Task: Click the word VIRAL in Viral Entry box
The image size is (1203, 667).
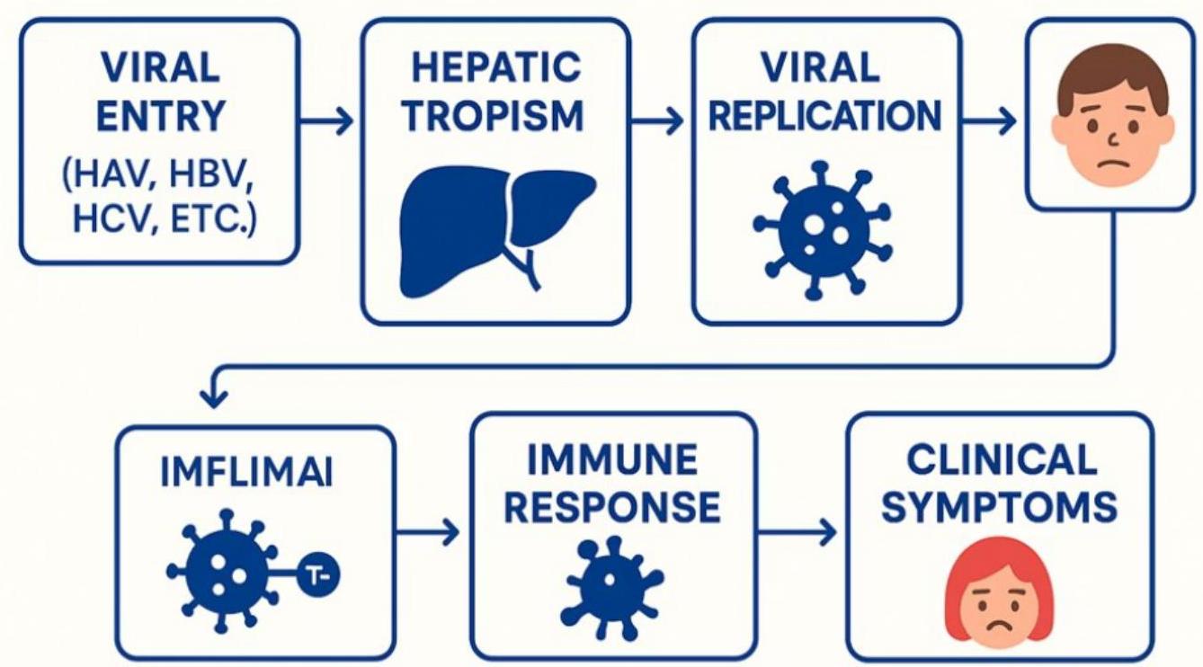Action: pyautogui.click(x=160, y=68)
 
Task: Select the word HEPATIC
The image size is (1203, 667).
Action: pyautogui.click(x=495, y=70)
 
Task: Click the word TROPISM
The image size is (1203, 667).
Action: pyautogui.click(x=495, y=116)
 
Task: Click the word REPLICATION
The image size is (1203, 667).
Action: pyautogui.click(x=825, y=116)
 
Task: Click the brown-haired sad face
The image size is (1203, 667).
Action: pyautogui.click(x=1112, y=113)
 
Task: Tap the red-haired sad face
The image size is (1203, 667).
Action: pyautogui.click(x=997, y=594)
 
